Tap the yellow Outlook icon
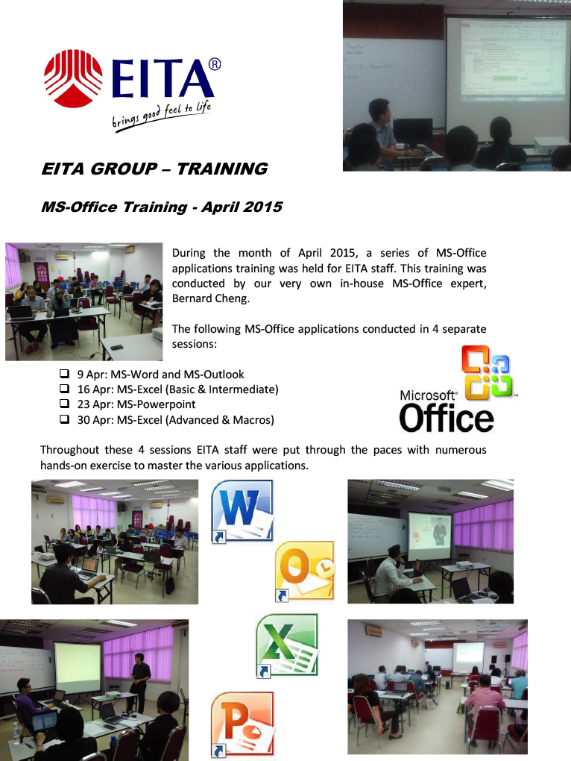pos(304,571)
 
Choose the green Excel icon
pos(287,646)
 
